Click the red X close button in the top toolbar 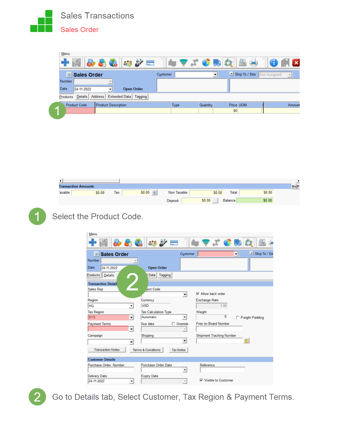point(296,63)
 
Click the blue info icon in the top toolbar point(274,63)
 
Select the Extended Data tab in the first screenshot point(119,97)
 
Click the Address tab point(97,97)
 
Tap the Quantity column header point(206,105)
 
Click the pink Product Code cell point(80,111)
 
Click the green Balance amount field point(254,200)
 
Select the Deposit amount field point(197,200)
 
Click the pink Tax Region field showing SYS point(108,317)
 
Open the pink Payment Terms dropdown point(131,329)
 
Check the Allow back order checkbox point(198,294)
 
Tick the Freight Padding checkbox point(238,317)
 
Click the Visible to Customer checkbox point(201,380)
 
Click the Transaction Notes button point(107,350)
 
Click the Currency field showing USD point(156,306)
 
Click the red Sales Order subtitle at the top point(79,30)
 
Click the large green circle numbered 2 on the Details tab point(132,282)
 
